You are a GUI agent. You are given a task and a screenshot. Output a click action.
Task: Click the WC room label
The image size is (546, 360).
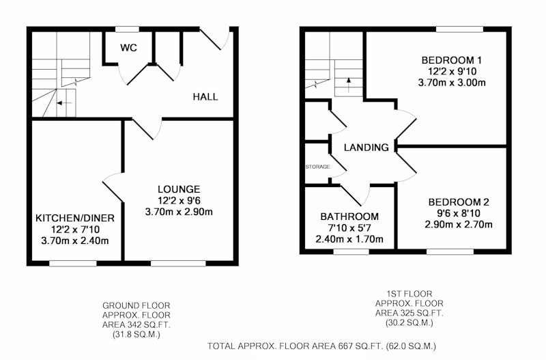128,48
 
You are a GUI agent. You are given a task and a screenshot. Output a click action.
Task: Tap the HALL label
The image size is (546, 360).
205,96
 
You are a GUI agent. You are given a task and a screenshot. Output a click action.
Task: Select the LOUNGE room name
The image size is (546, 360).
179,189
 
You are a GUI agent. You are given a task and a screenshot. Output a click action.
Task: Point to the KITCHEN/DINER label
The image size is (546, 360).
75,218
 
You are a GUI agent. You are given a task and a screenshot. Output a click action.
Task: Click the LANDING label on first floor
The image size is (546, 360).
367,148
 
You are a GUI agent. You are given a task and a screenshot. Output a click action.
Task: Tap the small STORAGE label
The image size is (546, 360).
317,167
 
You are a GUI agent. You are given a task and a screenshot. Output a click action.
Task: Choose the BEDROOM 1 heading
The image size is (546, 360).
452,60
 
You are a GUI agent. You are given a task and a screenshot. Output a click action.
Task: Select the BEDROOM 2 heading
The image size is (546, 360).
459,202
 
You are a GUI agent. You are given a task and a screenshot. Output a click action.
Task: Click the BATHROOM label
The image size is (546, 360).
349,217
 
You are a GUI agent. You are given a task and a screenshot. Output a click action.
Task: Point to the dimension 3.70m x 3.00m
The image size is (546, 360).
452,83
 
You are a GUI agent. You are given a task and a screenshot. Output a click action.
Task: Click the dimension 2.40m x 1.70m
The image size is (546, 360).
349,239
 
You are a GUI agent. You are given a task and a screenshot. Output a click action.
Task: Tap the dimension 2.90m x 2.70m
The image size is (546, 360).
459,225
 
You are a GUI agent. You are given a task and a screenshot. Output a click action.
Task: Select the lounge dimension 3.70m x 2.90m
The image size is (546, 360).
179,212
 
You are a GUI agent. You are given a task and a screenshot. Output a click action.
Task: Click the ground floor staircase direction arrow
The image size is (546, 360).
64,103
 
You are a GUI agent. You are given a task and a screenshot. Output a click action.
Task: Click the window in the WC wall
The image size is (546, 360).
127,29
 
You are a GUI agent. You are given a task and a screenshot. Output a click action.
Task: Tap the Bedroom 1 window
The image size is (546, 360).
459,29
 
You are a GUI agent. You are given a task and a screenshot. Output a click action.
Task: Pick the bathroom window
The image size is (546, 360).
351,251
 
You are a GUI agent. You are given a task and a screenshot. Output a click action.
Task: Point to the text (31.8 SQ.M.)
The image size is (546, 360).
136,335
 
